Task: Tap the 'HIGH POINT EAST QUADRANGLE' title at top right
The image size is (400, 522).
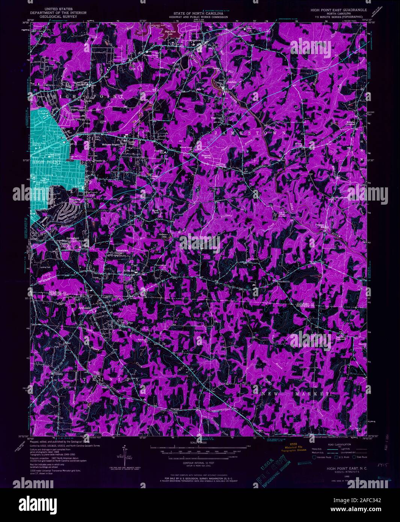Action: point(336,10)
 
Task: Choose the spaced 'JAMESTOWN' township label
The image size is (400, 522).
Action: point(249,133)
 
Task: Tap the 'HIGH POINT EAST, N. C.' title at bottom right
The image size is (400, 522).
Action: point(341,469)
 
